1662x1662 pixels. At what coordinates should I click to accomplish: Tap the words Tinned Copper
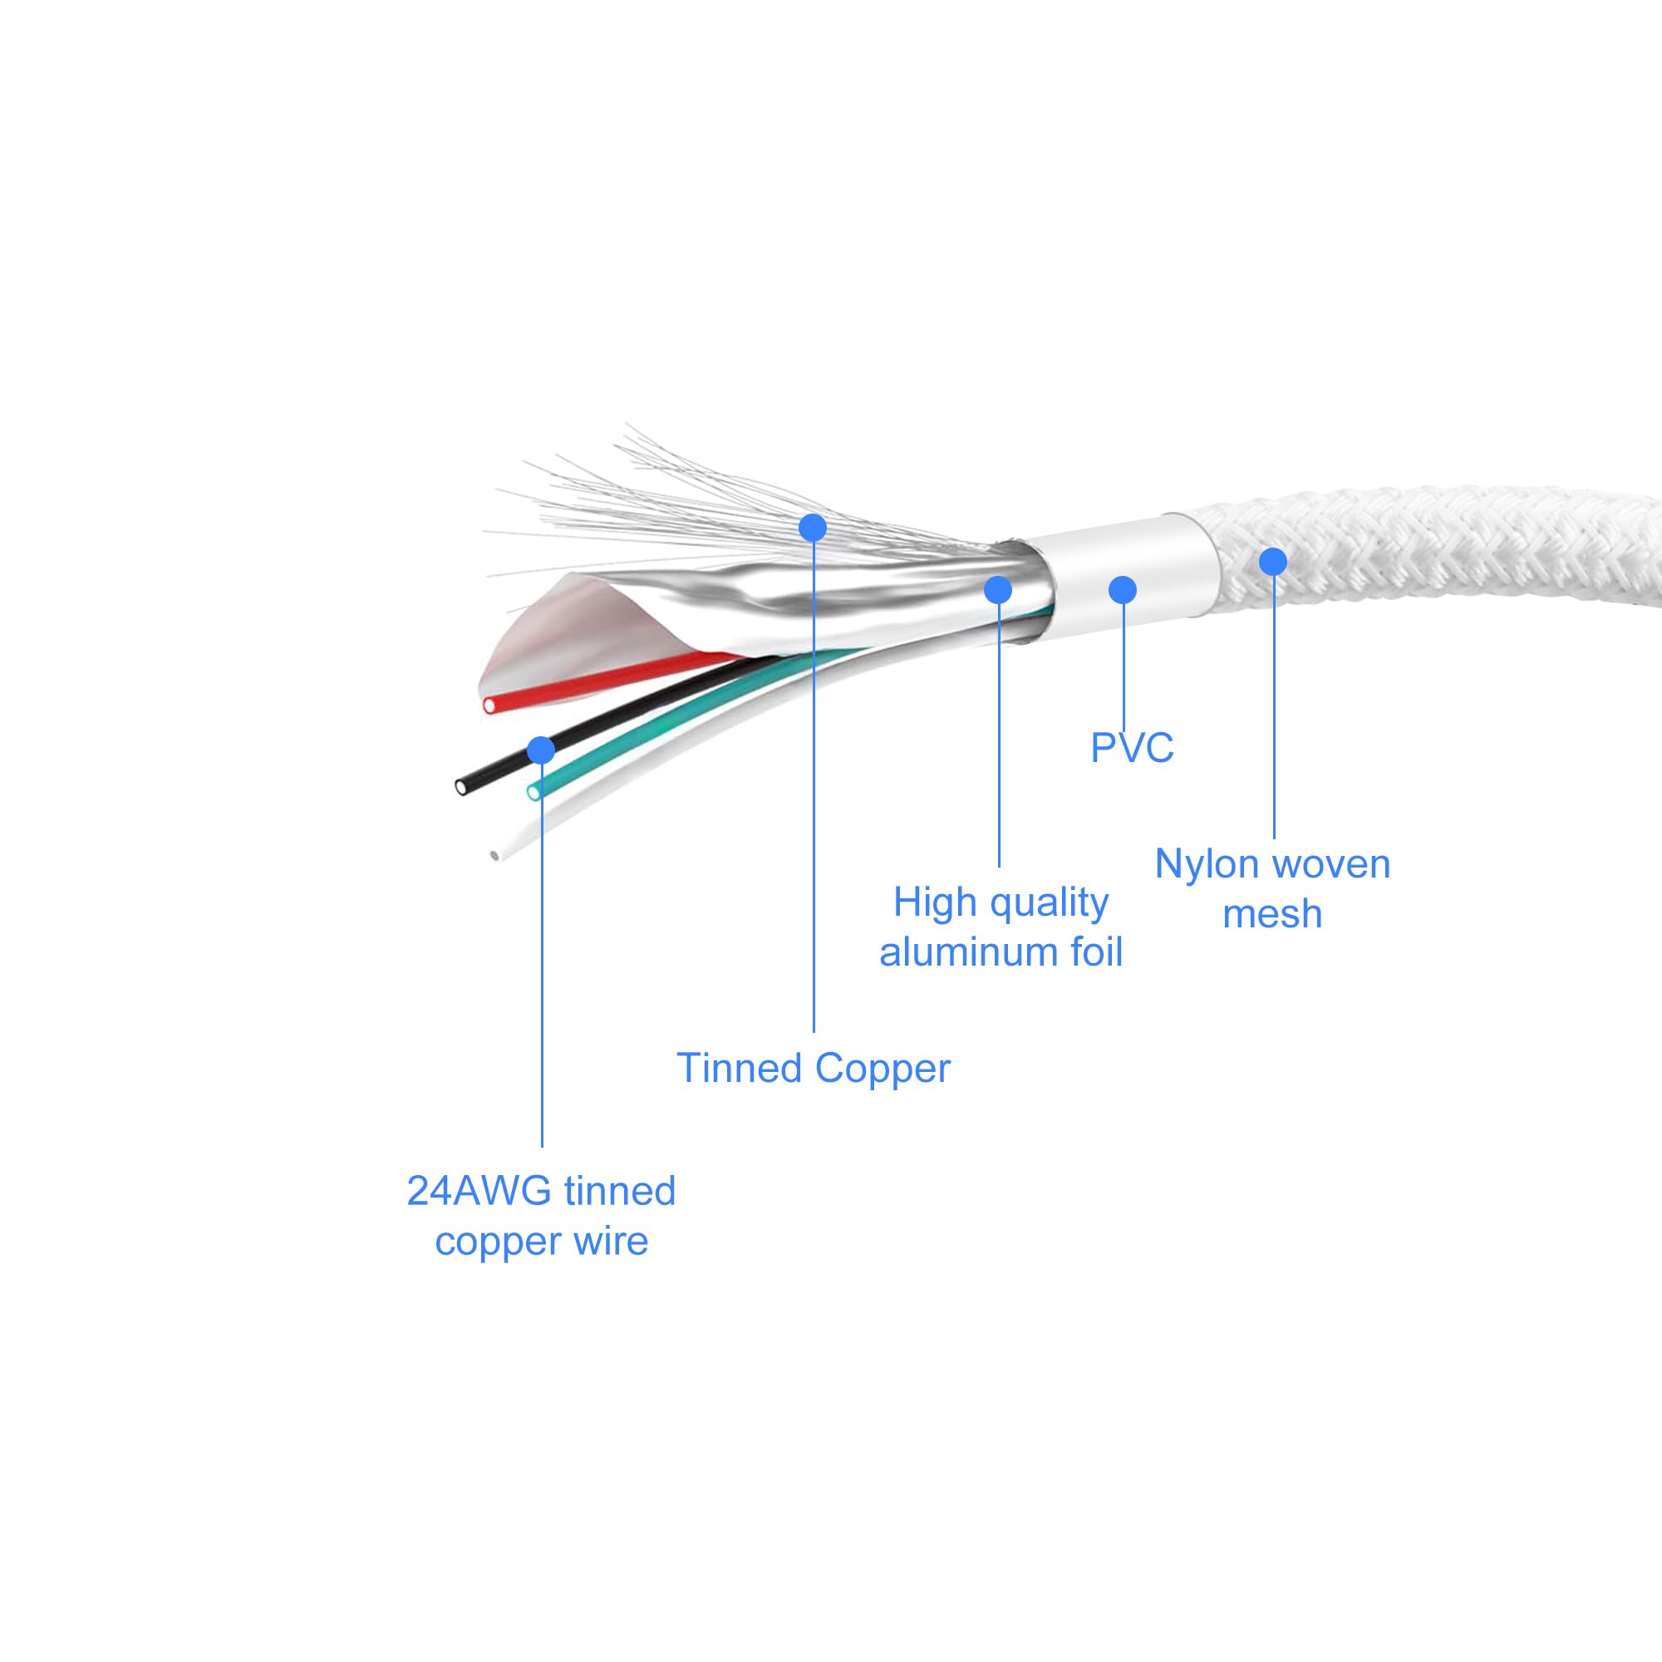click(x=813, y=1069)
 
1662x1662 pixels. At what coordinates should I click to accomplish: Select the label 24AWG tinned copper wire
click(x=541, y=1216)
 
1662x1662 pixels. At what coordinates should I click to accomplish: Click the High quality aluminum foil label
click(x=1001, y=927)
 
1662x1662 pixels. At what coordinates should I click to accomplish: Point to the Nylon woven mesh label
click(x=1272, y=888)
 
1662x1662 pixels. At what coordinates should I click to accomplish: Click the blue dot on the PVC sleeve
click(x=1123, y=589)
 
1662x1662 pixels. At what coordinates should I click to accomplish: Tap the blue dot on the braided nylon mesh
click(x=1273, y=562)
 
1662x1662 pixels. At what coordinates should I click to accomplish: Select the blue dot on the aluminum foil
click(x=998, y=589)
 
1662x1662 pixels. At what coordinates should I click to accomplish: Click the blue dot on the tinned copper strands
click(x=813, y=528)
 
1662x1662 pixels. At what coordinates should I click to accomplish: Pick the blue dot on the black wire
click(x=541, y=750)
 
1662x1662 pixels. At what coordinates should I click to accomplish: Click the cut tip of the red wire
click(x=489, y=706)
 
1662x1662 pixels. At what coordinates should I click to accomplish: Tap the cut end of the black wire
click(x=462, y=786)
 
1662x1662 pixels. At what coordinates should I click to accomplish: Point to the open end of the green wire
click(x=534, y=791)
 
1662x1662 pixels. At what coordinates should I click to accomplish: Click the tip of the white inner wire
click(x=494, y=855)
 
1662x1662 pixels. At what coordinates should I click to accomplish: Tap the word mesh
click(x=1272, y=913)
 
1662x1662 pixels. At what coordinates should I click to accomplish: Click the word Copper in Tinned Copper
click(x=882, y=1069)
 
